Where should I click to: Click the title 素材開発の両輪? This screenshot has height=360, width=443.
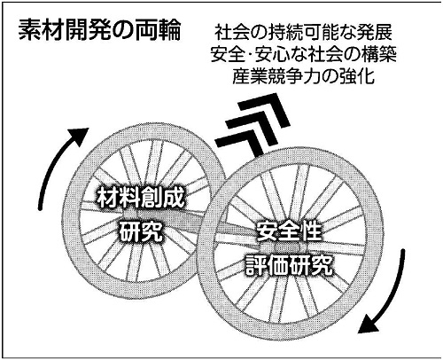99,30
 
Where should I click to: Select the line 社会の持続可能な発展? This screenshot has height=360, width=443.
303,33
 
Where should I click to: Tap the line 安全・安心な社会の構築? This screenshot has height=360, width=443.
303,55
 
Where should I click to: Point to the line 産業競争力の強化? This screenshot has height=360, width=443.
303,76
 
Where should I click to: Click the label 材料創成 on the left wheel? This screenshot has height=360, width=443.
141,197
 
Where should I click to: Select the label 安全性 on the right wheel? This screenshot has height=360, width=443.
288,231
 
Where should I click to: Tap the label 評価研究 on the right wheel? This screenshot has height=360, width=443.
290,265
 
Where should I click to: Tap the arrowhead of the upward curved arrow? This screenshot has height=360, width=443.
79,135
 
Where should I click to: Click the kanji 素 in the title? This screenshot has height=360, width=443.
29,30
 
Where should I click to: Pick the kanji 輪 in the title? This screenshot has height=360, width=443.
169,30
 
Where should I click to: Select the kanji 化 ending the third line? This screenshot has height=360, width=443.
366,76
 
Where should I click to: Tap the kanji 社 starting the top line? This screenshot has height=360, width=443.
223,33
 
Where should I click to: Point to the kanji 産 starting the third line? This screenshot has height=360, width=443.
241,76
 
